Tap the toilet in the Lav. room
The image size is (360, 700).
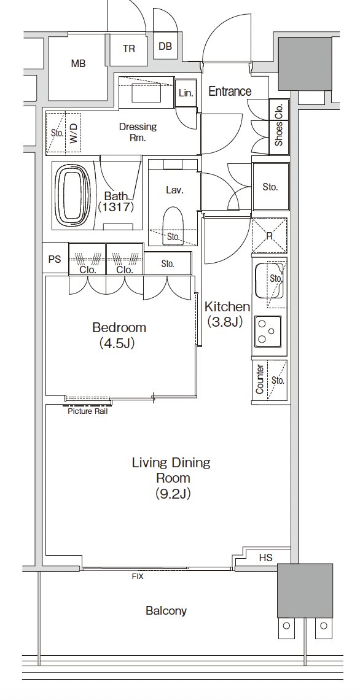(174, 224)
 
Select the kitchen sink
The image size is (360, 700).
(270, 281)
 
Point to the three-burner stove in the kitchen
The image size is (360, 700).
(268, 331)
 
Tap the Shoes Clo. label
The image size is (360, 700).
(279, 125)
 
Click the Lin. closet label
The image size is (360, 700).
(186, 93)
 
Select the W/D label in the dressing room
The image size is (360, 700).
(73, 133)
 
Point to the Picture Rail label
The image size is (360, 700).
(88, 411)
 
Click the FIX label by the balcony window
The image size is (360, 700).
(138, 577)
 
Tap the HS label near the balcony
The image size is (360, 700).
(266, 557)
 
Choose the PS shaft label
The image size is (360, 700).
(55, 259)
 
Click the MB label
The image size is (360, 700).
(78, 64)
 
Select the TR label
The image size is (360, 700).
(128, 49)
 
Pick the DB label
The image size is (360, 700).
(165, 46)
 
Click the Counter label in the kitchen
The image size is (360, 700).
(259, 379)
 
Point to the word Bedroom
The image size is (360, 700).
(119, 328)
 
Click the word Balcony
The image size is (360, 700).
(166, 611)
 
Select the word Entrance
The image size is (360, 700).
(230, 91)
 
